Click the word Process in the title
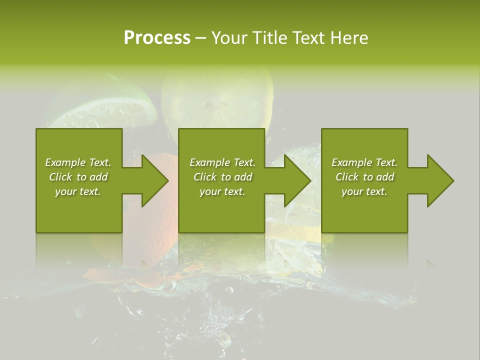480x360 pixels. point(157,38)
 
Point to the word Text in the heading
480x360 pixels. point(308,38)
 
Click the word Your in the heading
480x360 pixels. point(228,38)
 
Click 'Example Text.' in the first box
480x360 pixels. point(78,162)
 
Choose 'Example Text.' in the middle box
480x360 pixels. point(222,162)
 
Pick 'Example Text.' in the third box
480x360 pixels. point(364,162)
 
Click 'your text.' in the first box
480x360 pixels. point(78,191)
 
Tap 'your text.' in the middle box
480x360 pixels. point(222,191)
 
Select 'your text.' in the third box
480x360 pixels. point(364,191)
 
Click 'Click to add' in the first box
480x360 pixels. point(78,177)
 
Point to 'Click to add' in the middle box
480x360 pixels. point(222,177)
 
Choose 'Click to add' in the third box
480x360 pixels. point(364,177)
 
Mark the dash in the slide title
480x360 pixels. point(201,38)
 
